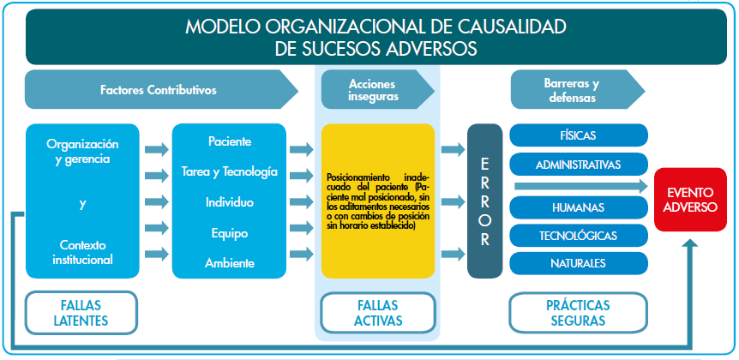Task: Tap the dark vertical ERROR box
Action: (484, 201)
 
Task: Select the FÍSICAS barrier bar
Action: (579, 136)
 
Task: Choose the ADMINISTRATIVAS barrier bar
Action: (579, 163)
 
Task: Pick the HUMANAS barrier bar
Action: (579, 208)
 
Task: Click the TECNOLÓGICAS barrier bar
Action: (579, 236)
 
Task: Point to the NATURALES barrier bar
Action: (579, 262)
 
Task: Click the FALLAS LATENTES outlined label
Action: (81, 313)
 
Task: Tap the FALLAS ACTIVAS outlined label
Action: (376, 313)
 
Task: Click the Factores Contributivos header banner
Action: (159, 90)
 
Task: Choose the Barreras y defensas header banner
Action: (572, 90)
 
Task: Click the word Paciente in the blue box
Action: (230, 141)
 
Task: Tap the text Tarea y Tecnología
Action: (230, 171)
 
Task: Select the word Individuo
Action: (230, 202)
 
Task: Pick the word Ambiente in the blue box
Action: (230, 263)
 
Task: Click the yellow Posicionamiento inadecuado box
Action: (377, 201)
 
